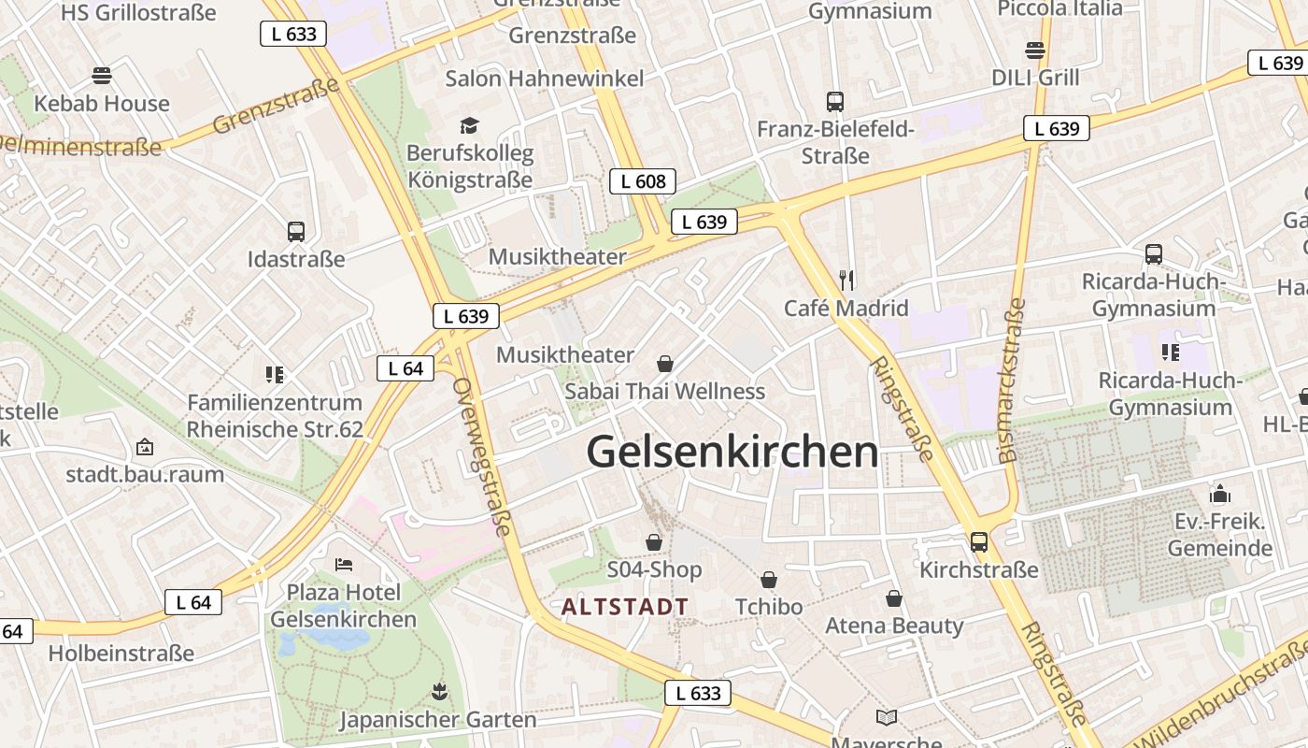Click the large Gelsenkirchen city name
point(732,452)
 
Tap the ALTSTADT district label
point(625,607)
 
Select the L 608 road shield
point(642,181)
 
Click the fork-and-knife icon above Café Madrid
point(846,279)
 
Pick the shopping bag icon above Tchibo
point(769,581)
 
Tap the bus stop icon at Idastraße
point(296,232)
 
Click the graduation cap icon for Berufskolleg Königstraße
point(469,125)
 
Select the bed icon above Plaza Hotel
point(344,565)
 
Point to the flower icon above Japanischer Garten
point(438,693)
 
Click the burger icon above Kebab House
point(102,76)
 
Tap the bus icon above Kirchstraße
point(978,542)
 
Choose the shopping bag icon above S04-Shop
point(654,542)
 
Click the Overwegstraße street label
point(482,456)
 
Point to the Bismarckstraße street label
point(1012,381)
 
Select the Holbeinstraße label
point(121,653)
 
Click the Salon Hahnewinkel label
point(545,79)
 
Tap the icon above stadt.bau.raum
point(145,447)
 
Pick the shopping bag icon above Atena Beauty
point(894,598)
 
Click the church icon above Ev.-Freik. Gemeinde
point(1220,494)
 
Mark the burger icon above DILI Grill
point(1035,50)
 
